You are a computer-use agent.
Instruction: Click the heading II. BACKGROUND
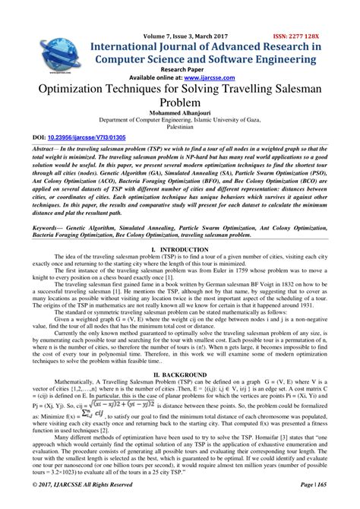[179, 375]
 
